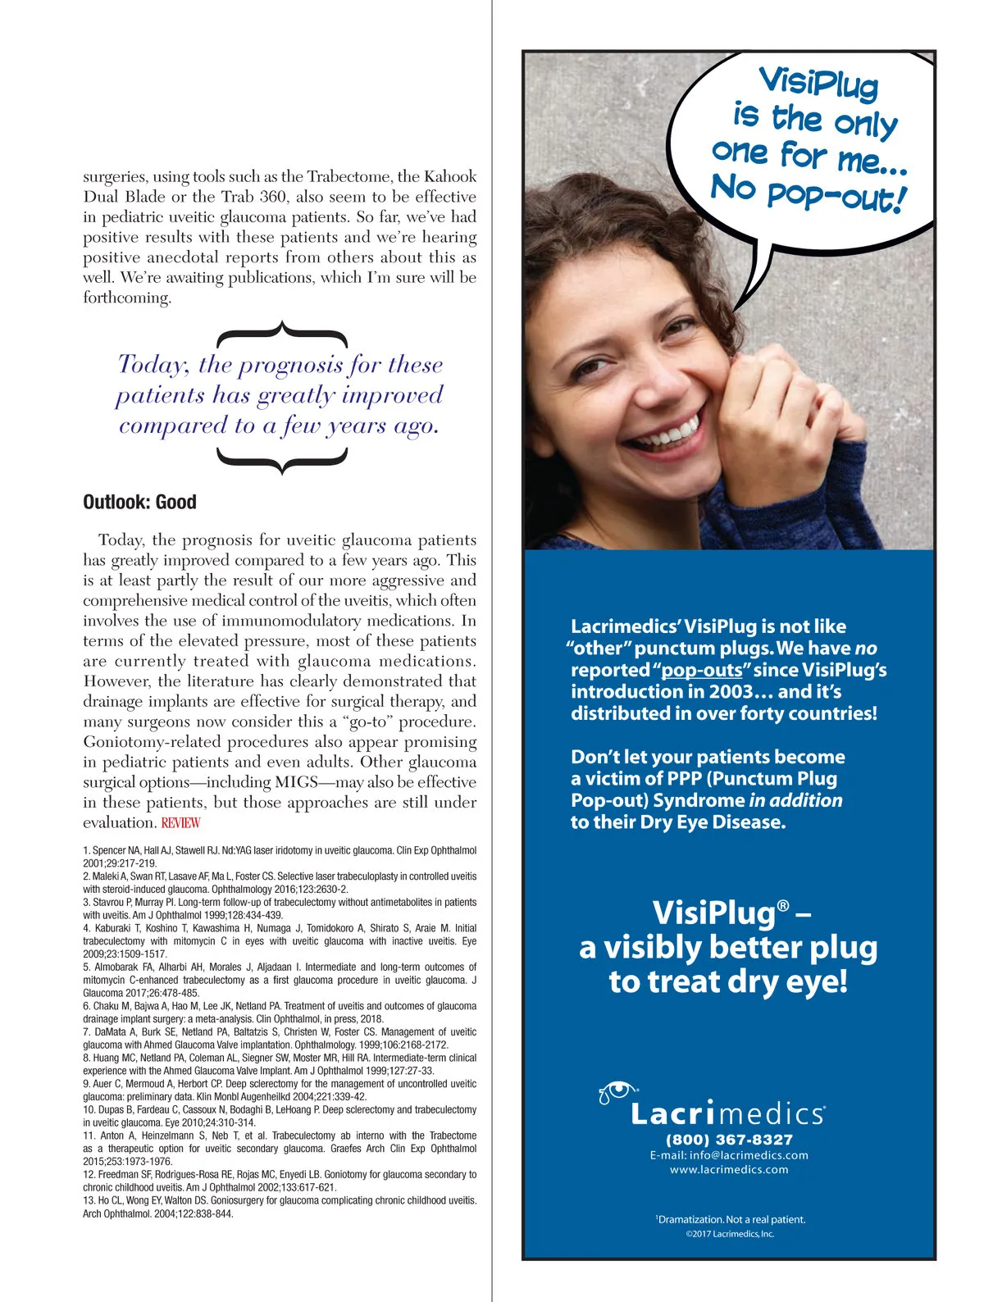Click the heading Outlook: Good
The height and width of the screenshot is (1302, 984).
click(139, 502)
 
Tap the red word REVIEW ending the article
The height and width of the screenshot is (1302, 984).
click(180, 823)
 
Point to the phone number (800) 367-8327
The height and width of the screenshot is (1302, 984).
click(729, 1140)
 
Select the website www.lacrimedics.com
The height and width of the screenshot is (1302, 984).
click(729, 1170)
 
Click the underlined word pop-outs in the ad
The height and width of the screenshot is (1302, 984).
click(702, 670)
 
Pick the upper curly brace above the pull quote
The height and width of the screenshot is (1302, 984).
click(282, 335)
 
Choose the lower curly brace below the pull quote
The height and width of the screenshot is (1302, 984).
click(282, 461)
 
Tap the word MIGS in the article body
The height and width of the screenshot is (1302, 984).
click(297, 782)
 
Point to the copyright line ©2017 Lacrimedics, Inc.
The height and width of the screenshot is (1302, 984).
click(730, 1233)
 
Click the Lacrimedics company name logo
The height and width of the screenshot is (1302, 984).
click(727, 1113)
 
